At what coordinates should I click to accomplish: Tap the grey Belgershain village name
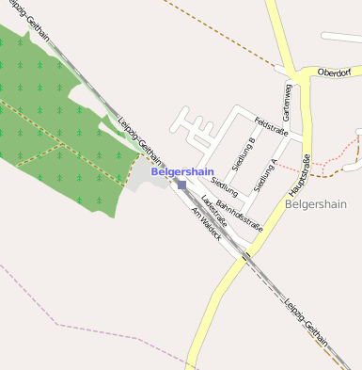(315, 203)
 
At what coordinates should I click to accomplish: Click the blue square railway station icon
(181, 185)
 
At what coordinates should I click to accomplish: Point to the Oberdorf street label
(334, 72)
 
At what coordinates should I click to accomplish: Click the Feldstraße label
(271, 127)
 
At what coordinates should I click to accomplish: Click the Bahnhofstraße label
(238, 216)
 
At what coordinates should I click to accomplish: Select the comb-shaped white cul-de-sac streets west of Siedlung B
(193, 132)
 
